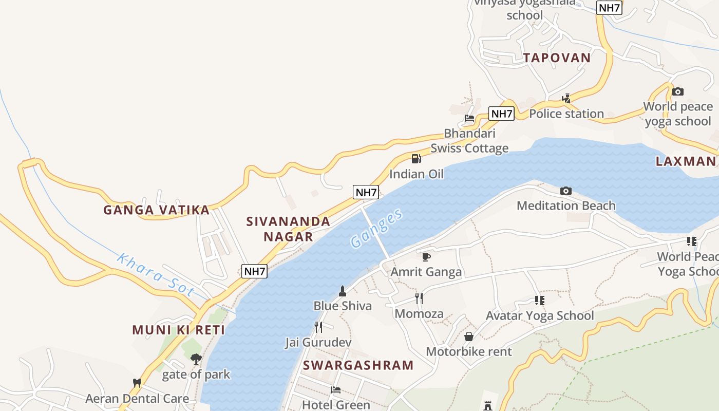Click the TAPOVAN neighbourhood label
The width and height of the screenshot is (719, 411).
pyautogui.click(x=557, y=58)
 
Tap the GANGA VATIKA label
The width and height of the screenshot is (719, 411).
pyautogui.click(x=156, y=210)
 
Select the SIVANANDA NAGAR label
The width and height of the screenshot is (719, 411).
pyautogui.click(x=288, y=229)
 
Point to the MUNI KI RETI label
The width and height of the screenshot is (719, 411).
pyautogui.click(x=179, y=330)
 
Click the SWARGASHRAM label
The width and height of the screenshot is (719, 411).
pyautogui.click(x=358, y=365)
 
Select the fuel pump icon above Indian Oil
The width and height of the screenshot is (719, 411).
pyautogui.click(x=417, y=158)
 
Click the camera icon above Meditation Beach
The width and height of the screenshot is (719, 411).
pyautogui.click(x=565, y=191)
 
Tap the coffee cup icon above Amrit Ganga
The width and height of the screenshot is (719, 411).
pyautogui.click(x=426, y=256)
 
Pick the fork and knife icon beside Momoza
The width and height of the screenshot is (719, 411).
pyautogui.click(x=419, y=298)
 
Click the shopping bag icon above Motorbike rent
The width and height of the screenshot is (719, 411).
pyautogui.click(x=469, y=337)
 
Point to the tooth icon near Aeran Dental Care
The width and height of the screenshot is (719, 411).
pyautogui.click(x=137, y=383)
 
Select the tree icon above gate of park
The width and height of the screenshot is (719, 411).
pyautogui.click(x=196, y=359)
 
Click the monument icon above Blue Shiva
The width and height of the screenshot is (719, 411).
pyautogui.click(x=343, y=291)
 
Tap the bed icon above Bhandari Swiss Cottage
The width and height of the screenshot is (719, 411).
pyautogui.click(x=469, y=118)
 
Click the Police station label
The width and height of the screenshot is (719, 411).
pyautogui.click(x=566, y=114)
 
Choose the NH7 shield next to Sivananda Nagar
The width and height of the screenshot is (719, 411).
pyautogui.click(x=366, y=193)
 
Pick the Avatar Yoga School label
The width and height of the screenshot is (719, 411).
pyautogui.click(x=540, y=315)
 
